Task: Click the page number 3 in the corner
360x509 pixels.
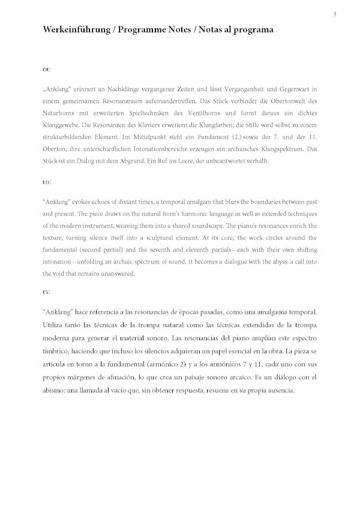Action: pyautogui.click(x=334, y=14)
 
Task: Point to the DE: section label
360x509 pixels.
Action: pyautogui.click(x=47, y=70)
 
